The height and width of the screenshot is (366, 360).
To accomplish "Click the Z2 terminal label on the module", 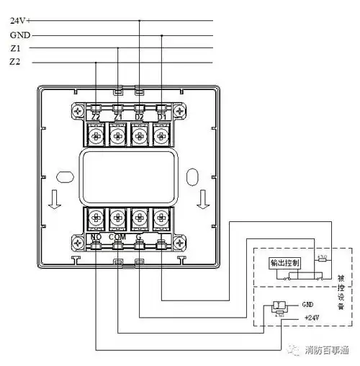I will click(96, 117).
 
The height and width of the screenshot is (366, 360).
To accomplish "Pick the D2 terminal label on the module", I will click(140, 117).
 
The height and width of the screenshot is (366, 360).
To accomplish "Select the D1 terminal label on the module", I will click(161, 117).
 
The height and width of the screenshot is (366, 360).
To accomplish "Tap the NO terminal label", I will click(96, 236).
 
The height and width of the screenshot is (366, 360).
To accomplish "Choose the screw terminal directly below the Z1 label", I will click(117, 135).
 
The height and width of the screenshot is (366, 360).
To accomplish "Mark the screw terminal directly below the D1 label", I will click(161, 135).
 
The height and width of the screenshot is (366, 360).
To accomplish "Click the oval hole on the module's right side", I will click(194, 175).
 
